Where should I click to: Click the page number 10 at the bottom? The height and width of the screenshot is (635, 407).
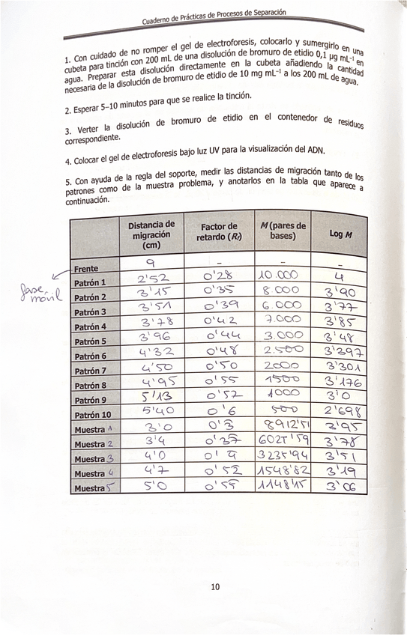coord(214,586)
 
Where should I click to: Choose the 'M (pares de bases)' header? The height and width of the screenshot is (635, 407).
coord(282,232)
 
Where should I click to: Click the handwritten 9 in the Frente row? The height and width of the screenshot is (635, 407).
coord(150,263)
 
